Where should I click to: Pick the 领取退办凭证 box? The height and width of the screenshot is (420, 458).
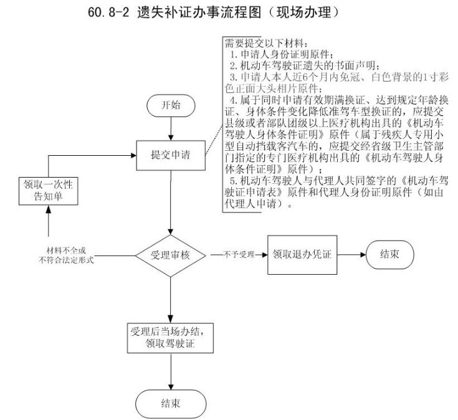(x=302, y=255)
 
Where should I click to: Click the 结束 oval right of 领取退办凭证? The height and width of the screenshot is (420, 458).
(x=390, y=255)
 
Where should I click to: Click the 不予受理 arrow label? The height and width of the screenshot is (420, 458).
(x=236, y=255)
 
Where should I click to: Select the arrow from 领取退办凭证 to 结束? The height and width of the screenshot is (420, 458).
(x=350, y=255)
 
